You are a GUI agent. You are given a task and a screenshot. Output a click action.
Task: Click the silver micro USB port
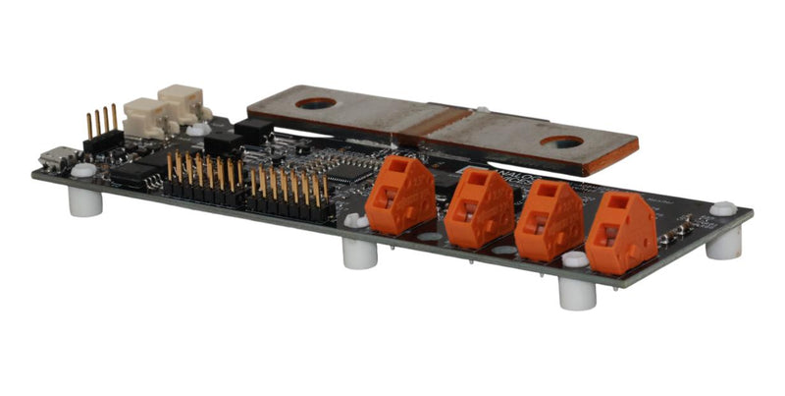pyautogui.click(x=58, y=158)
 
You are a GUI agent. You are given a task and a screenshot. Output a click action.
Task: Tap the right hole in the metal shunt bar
pyautogui.click(x=561, y=142)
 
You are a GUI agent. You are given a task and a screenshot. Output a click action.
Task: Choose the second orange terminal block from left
pyautogui.click(x=479, y=208)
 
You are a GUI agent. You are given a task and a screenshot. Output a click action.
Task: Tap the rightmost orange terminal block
pyautogui.click(x=621, y=235)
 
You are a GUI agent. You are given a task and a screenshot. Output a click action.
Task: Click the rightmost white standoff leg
pyautogui.click(x=724, y=241)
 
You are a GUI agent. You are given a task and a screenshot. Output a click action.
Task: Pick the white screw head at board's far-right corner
pyautogui.click(x=723, y=208)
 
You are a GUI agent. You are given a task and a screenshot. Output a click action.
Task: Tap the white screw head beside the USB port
pyautogui.click(x=83, y=170)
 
